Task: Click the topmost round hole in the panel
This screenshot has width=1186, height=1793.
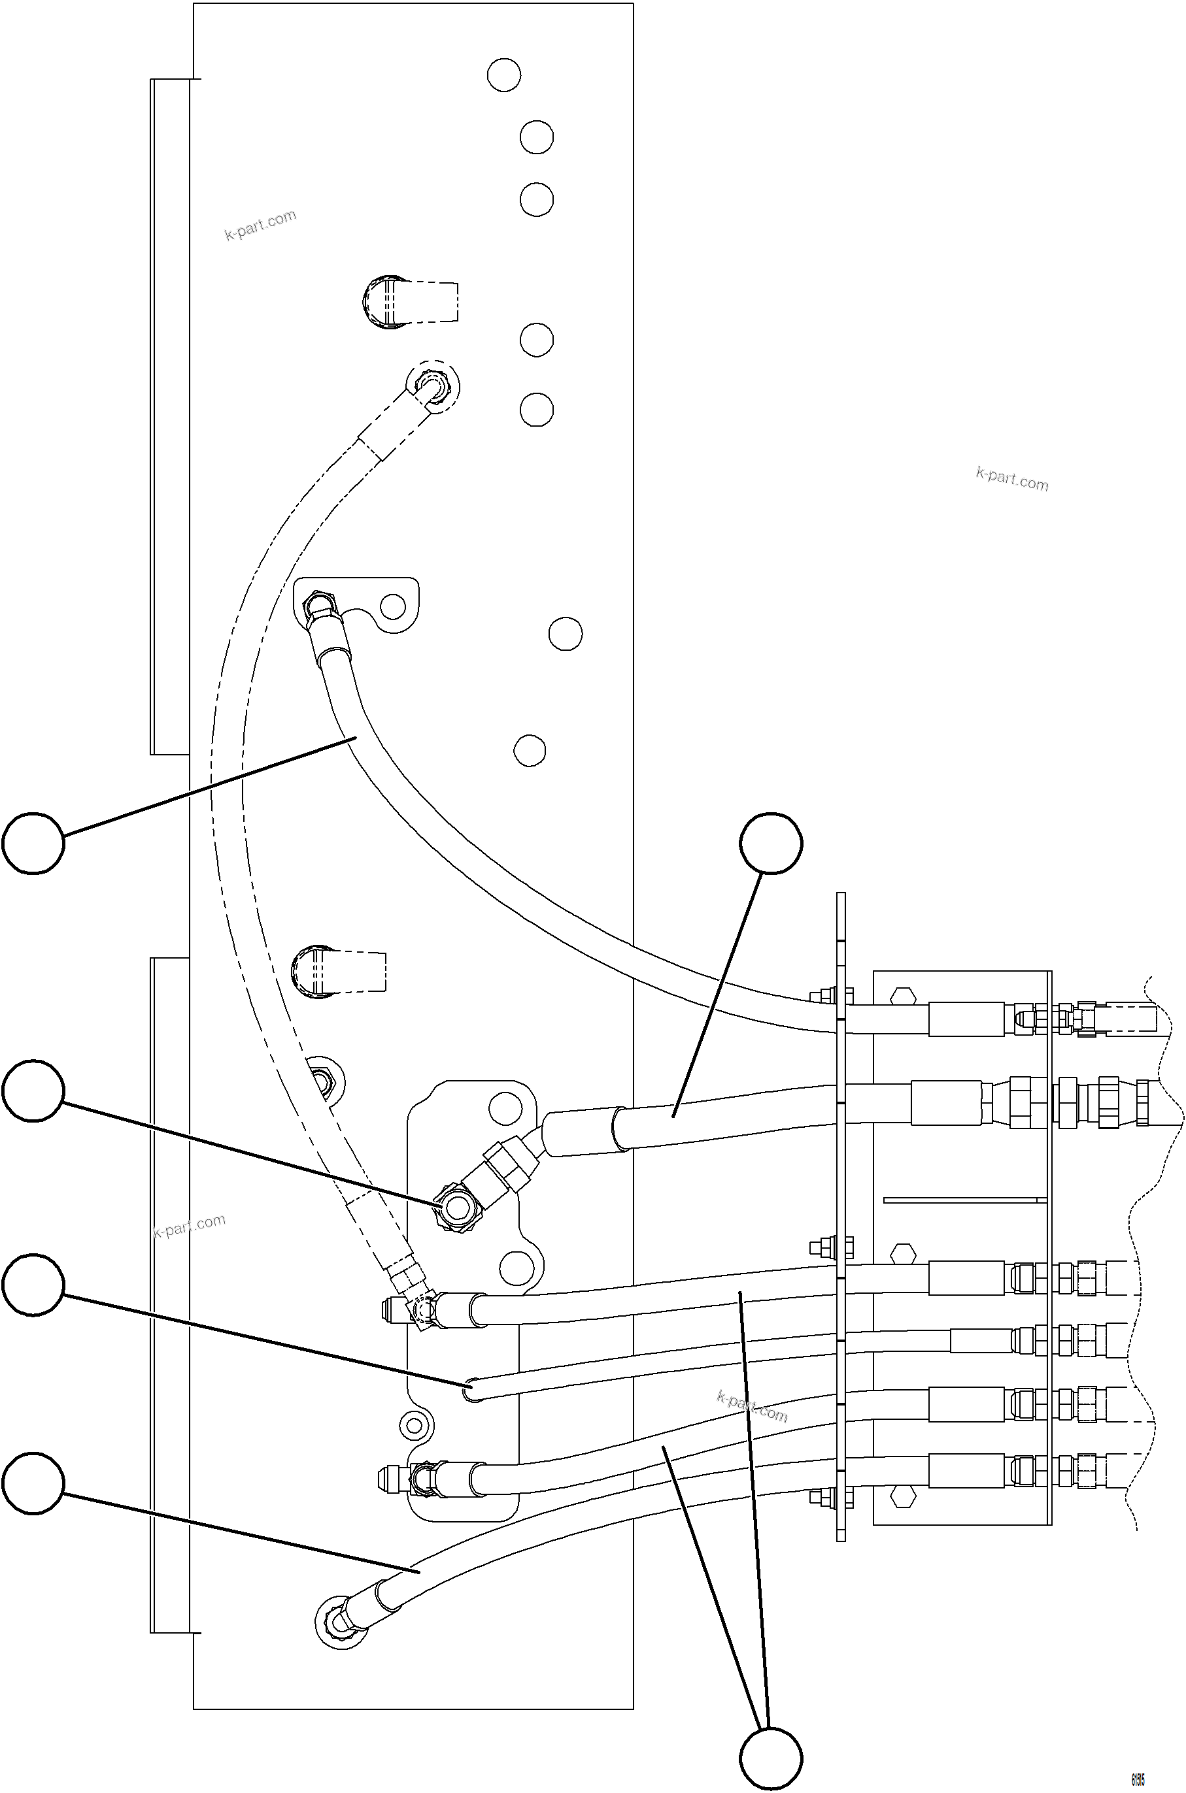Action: point(503,75)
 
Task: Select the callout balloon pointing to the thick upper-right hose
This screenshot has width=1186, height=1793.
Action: point(771,843)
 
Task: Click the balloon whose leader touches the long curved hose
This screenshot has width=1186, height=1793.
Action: point(33,843)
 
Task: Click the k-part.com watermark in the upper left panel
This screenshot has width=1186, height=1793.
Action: point(260,225)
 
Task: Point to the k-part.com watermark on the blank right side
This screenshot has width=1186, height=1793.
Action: point(1012,478)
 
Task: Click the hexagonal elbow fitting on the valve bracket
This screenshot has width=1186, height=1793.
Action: point(457,1209)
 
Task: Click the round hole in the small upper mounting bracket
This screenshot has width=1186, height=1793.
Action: point(392,606)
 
